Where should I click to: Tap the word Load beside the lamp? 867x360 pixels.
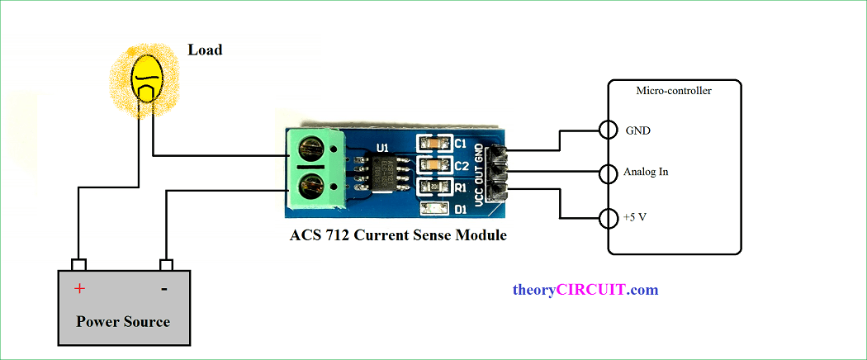205,50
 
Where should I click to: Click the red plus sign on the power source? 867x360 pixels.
80,288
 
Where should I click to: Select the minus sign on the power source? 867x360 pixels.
163,288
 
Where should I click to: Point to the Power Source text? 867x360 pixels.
123,321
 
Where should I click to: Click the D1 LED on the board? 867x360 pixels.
434,211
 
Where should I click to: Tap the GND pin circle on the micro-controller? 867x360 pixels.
609,130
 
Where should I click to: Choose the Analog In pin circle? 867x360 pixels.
609,173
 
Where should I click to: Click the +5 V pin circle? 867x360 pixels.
609,219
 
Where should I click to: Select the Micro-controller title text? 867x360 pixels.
674,91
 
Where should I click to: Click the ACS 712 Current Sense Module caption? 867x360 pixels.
398,235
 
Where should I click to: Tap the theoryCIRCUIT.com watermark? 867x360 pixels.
585,290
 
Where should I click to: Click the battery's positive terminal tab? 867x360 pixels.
79,264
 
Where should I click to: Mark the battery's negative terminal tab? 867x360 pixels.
166,264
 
